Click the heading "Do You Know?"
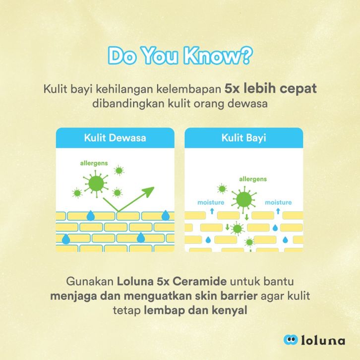(180, 56)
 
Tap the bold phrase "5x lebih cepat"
(270, 89)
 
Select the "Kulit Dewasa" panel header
(115, 138)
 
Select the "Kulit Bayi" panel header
(243, 138)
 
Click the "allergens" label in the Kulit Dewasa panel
(94, 163)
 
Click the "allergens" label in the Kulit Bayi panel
(253, 179)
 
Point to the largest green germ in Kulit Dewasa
(96, 183)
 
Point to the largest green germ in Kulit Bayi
(244, 199)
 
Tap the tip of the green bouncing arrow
(154, 187)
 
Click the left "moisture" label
(211, 202)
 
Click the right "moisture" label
(278, 202)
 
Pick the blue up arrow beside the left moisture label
(212, 211)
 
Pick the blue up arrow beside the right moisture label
(278, 211)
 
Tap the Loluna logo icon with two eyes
(291, 340)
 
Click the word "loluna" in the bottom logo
(323, 340)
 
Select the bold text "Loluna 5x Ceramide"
(172, 281)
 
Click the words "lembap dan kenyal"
(195, 310)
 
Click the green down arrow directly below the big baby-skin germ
(246, 217)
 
